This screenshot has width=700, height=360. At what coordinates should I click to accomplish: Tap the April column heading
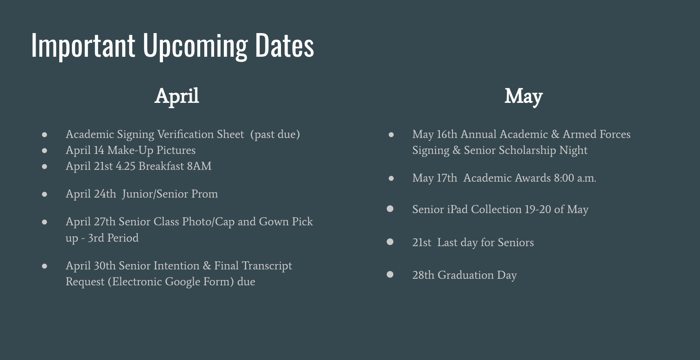tap(176, 96)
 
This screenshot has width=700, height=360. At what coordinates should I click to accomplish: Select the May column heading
tap(524, 96)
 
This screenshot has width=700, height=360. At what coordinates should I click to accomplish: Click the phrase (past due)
tap(275, 135)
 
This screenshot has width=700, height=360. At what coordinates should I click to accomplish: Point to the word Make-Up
tap(130, 150)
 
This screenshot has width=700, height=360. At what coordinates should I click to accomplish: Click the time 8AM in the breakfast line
tap(199, 166)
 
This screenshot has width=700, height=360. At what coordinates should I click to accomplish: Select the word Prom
tap(204, 194)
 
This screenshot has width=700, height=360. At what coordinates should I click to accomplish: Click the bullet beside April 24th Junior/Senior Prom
tap(45, 194)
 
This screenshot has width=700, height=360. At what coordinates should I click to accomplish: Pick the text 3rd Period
tap(113, 238)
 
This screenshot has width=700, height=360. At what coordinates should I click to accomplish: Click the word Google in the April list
tap(183, 282)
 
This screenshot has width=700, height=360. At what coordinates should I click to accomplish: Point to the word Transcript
tap(267, 266)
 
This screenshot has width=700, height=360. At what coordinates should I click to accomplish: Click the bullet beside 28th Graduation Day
tap(390, 274)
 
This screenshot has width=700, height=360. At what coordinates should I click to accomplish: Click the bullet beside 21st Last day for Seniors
tap(390, 242)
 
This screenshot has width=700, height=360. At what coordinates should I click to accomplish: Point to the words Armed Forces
tap(597, 134)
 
